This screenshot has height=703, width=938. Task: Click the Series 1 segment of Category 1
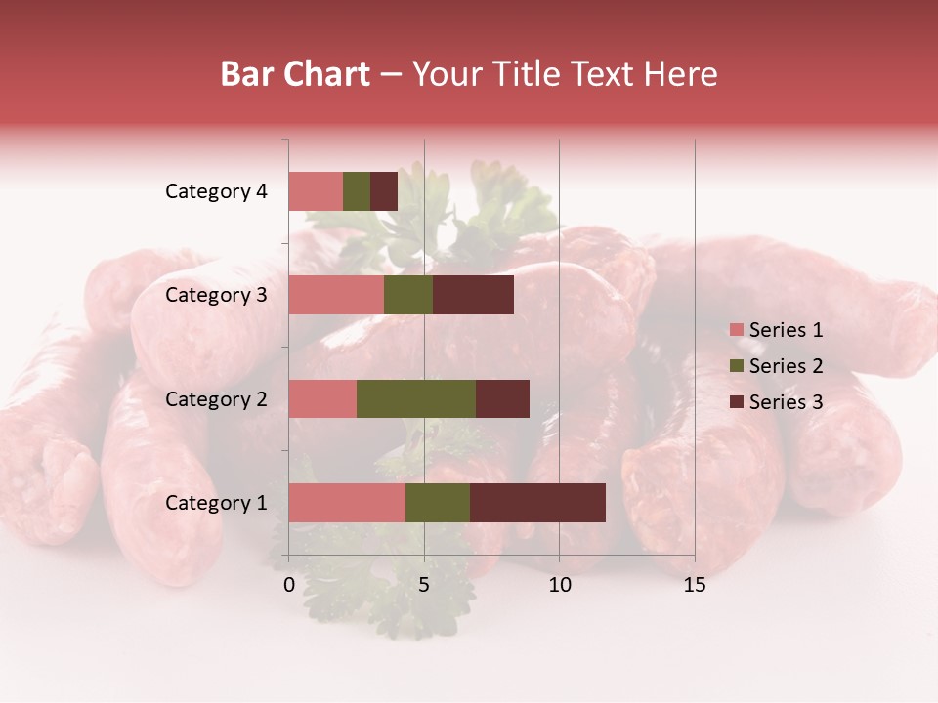tap(347, 503)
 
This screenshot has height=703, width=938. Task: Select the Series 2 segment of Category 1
tap(438, 503)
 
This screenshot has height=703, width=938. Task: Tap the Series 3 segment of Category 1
tap(537, 503)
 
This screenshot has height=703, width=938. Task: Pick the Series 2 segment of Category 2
tap(416, 398)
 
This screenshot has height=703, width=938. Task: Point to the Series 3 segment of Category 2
tap(502, 398)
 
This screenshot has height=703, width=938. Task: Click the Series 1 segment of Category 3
tap(336, 295)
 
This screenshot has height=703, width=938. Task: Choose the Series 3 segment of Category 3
tap(473, 295)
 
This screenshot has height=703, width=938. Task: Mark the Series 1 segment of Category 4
tap(316, 191)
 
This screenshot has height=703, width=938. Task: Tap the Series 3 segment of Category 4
tap(384, 191)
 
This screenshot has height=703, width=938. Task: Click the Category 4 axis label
tap(216, 191)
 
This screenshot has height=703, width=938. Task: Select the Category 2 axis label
tap(216, 398)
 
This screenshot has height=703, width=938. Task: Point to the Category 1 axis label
tap(216, 503)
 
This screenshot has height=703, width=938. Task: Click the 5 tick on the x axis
tap(424, 585)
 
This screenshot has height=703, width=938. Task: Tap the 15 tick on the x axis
tap(695, 585)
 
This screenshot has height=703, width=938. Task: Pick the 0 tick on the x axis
tap(289, 585)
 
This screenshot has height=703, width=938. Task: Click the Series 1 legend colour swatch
tap(736, 330)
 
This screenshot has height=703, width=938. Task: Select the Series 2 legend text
tap(786, 366)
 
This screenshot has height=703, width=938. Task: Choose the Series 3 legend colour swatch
tap(736, 402)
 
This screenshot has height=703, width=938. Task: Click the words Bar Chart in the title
tap(295, 74)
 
